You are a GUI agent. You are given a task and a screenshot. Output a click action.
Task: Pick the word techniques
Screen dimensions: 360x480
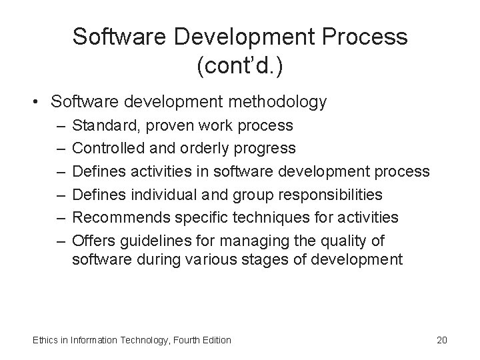266,217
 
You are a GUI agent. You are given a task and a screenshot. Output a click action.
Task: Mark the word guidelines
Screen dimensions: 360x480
152,239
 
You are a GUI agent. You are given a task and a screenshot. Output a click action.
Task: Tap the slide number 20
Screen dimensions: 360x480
441,340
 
